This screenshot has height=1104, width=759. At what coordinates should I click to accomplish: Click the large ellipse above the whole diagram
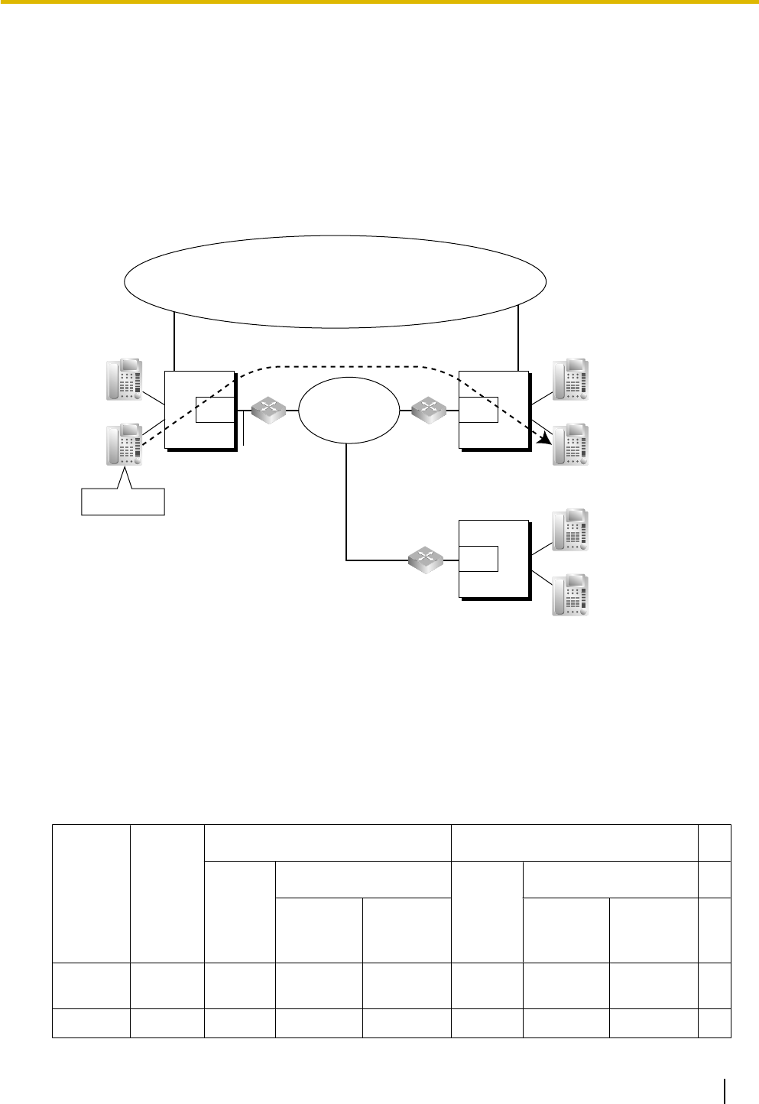click(335, 281)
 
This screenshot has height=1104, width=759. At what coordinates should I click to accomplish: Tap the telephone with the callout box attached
click(124, 445)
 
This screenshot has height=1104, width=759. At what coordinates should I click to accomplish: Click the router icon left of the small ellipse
click(269, 410)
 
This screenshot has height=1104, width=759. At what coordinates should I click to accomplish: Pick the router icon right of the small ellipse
click(428, 411)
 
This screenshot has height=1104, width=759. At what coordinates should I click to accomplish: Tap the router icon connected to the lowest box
click(426, 560)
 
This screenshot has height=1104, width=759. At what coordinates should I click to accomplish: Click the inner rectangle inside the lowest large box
click(478, 558)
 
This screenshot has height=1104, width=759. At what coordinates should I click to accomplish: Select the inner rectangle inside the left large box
click(215, 410)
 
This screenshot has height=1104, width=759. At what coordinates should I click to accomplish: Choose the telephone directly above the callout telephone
click(124, 379)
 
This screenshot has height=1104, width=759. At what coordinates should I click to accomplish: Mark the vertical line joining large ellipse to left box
click(175, 341)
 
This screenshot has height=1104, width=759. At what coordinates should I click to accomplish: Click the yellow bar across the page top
click(379, 3)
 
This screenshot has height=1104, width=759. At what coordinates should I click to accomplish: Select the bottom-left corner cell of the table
click(90, 1023)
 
